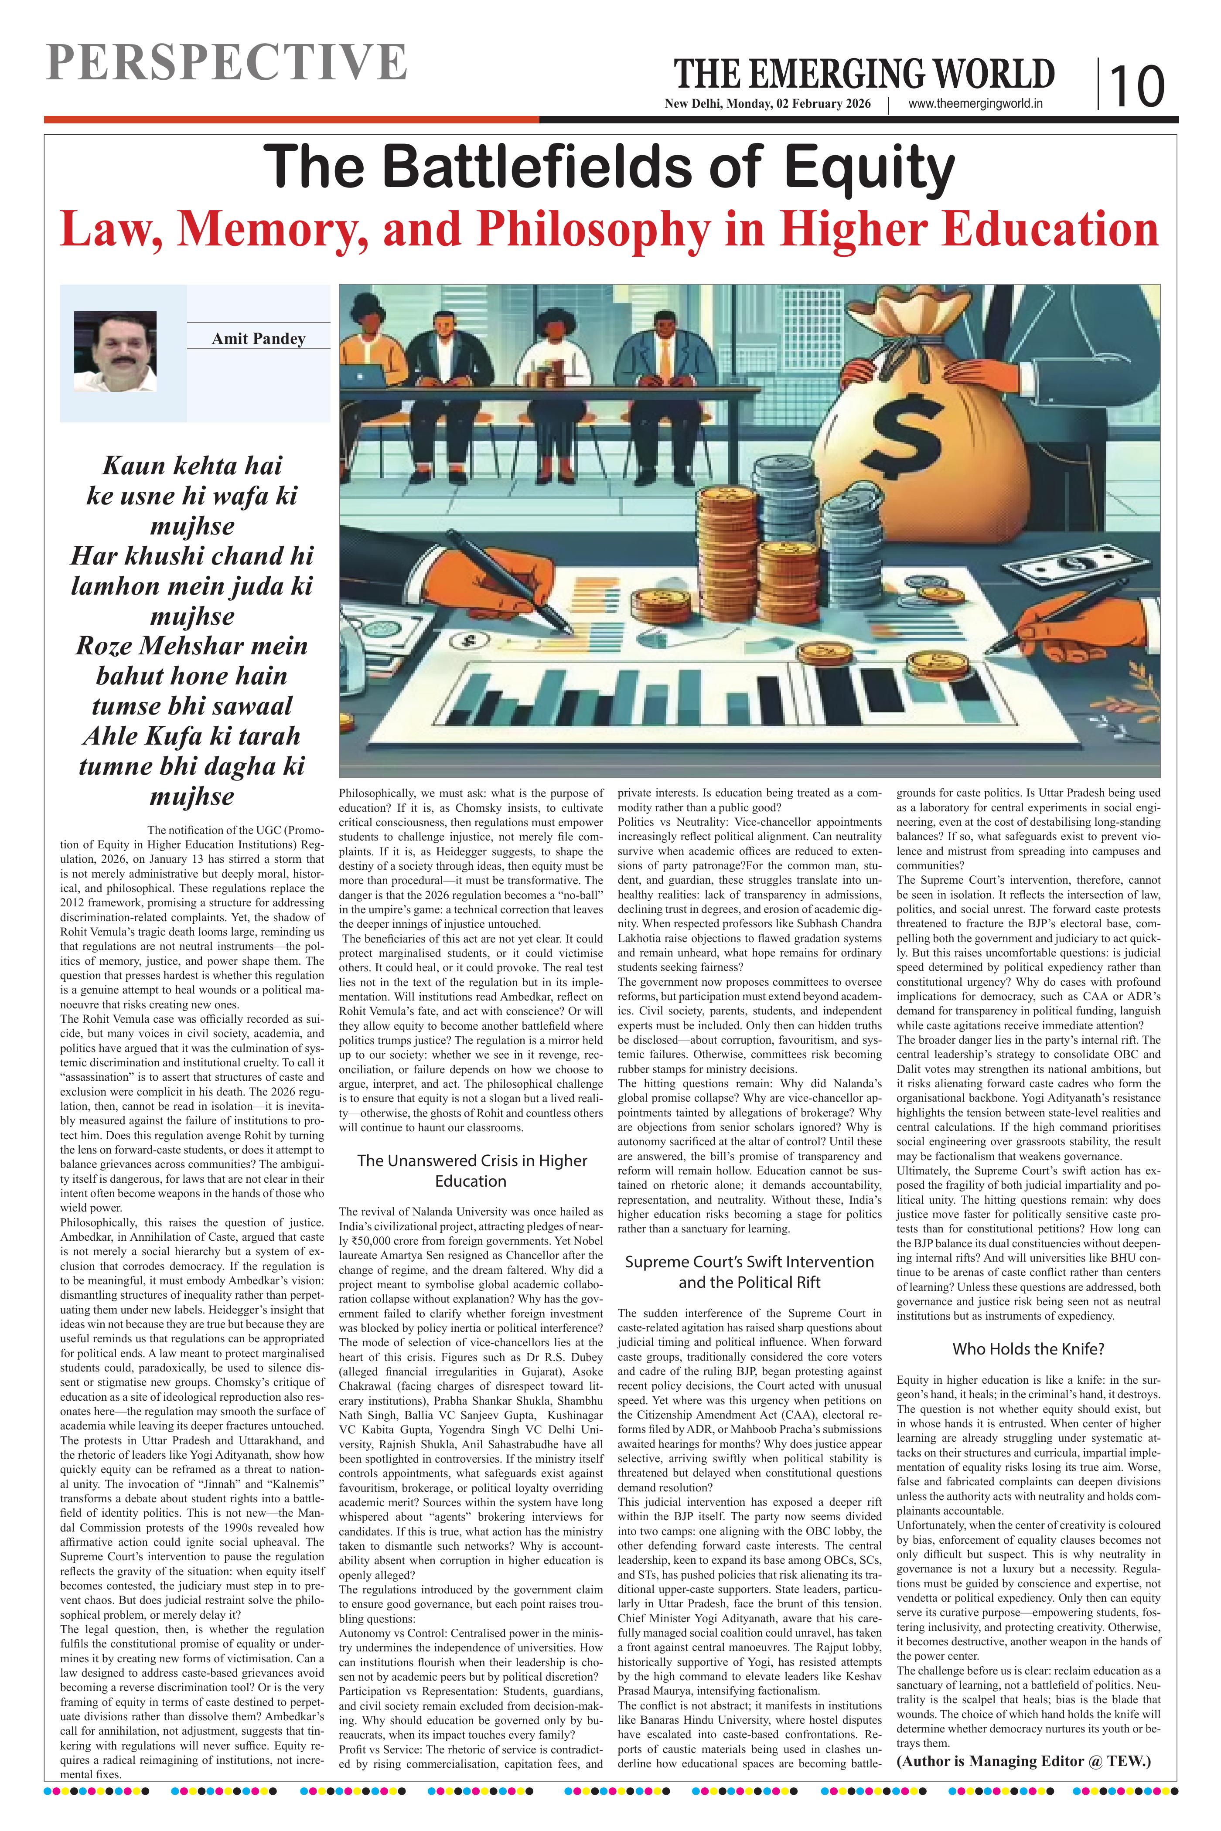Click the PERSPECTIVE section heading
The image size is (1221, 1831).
click(226, 62)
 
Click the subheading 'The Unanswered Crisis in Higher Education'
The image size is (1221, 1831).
click(471, 1170)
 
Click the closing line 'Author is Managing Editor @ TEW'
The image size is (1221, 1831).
click(1023, 1761)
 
